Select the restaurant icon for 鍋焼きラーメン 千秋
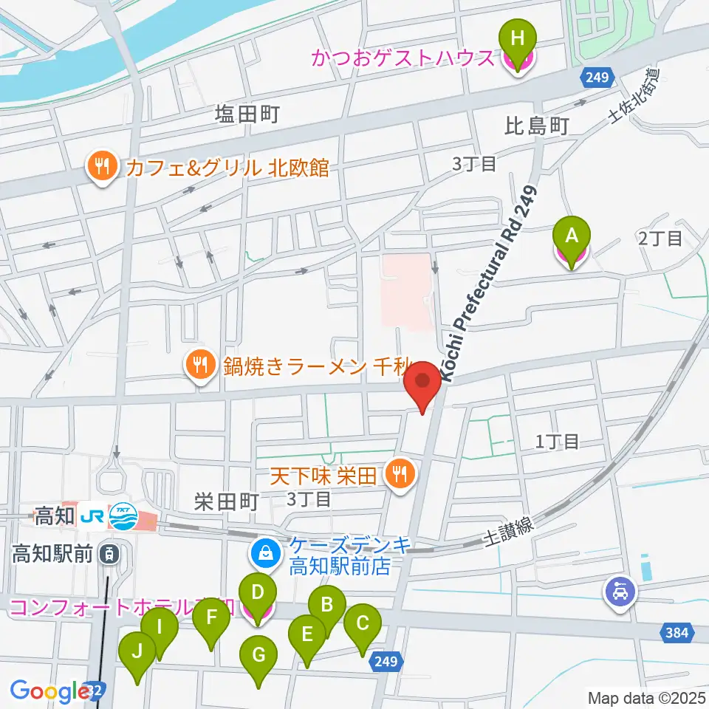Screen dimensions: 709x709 coord(199,363)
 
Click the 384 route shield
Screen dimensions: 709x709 coord(679,631)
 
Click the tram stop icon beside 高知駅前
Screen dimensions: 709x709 coord(109,552)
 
